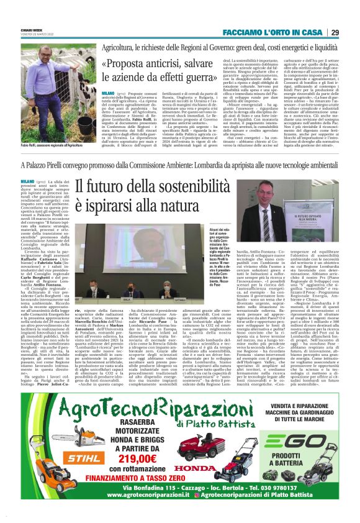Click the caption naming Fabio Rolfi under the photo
(x=50, y=145)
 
